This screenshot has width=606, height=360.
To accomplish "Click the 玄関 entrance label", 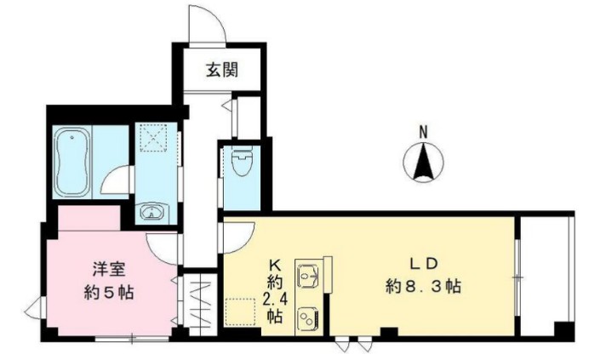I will pos(220,71).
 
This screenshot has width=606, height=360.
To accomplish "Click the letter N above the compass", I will pos(423,132).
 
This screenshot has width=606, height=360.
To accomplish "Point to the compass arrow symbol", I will pos(423,163).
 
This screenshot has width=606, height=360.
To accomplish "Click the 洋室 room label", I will pos(109,271).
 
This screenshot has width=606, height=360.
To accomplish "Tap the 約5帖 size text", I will pos(108,293).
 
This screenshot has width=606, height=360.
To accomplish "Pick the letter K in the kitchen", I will pos(275,264).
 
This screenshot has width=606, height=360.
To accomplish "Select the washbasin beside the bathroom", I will pos(152,211).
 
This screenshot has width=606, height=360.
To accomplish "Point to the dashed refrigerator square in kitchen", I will pos(242,312).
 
